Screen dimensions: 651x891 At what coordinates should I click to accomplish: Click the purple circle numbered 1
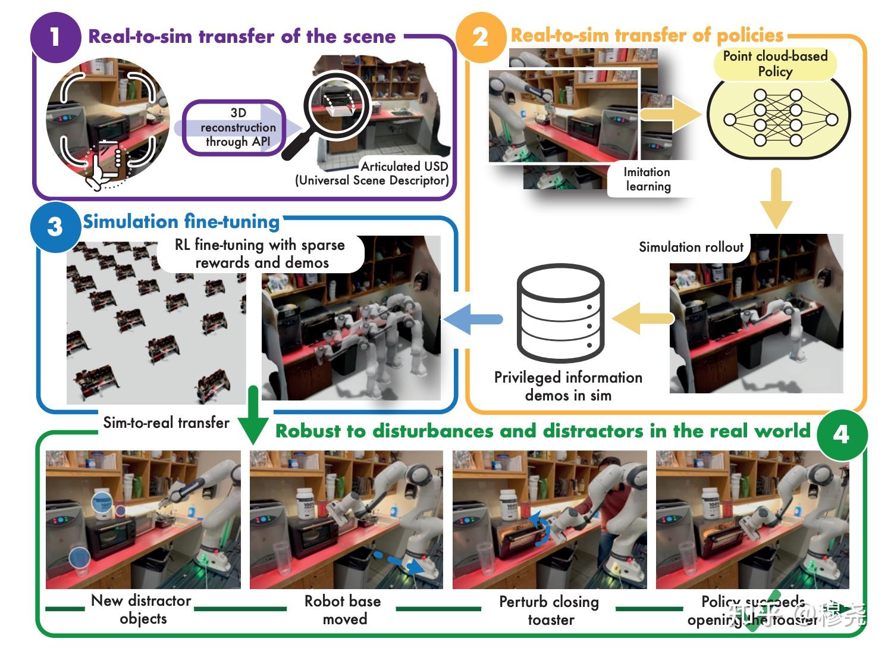55,36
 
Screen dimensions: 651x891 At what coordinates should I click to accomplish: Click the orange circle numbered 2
480,36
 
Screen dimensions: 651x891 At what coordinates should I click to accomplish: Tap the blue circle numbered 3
55,226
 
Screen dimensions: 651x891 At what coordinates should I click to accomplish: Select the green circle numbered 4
841,434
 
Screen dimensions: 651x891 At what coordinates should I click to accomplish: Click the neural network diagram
778,119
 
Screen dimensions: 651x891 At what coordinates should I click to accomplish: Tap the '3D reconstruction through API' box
237,127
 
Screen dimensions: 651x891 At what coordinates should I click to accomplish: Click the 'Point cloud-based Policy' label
775,64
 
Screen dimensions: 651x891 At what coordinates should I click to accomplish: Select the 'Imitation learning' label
647,179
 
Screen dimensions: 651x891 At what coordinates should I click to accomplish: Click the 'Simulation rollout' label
691,247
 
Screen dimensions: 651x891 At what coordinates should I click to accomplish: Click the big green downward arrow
253,417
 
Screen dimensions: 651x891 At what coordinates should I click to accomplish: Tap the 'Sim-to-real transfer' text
166,422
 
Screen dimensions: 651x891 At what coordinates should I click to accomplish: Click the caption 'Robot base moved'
343,610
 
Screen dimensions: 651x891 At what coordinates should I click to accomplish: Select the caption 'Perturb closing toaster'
549,611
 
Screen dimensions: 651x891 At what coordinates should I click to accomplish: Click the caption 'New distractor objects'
142,609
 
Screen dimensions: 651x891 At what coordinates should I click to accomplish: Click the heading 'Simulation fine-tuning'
181,221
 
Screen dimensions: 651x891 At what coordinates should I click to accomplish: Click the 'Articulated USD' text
404,167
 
